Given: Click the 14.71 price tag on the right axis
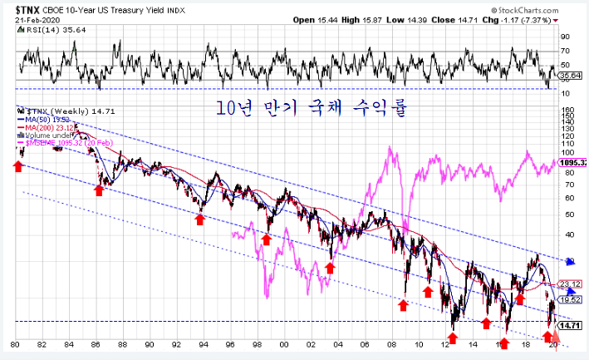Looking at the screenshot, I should (570, 325).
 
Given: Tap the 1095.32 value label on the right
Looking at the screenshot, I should (573, 162).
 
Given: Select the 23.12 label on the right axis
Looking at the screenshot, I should (570, 284).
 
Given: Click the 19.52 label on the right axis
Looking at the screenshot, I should (570, 299).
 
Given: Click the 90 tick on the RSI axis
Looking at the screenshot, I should (565, 37).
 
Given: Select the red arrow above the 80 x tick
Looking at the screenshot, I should (17, 167).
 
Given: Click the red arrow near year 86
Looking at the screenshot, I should (98, 190).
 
